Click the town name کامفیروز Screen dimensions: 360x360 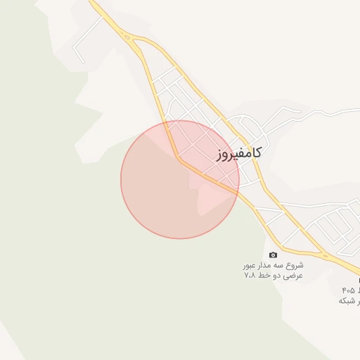click(239, 152)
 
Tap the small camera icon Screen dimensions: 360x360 click(273, 255)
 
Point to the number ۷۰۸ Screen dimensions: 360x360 click(250, 276)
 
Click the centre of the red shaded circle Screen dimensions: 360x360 click(180, 179)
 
